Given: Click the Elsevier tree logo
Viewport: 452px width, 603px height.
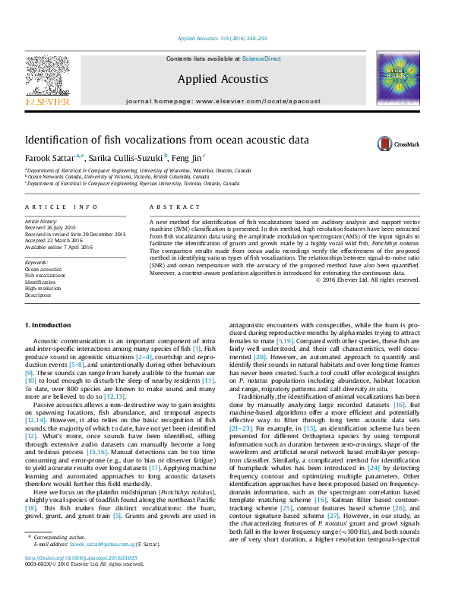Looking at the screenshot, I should (47, 77).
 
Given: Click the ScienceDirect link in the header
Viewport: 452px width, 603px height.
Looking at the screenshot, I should (261, 58).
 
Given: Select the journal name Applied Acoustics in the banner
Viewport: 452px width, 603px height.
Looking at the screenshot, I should (223, 79).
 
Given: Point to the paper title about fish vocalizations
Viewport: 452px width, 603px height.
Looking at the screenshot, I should (167, 140).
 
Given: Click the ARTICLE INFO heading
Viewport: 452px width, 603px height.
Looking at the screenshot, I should (61, 207).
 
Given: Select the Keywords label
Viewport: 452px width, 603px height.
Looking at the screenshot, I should (36, 262).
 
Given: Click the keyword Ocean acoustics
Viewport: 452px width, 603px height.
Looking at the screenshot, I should (44, 269).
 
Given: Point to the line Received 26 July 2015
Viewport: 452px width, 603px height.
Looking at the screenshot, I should (50, 226).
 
